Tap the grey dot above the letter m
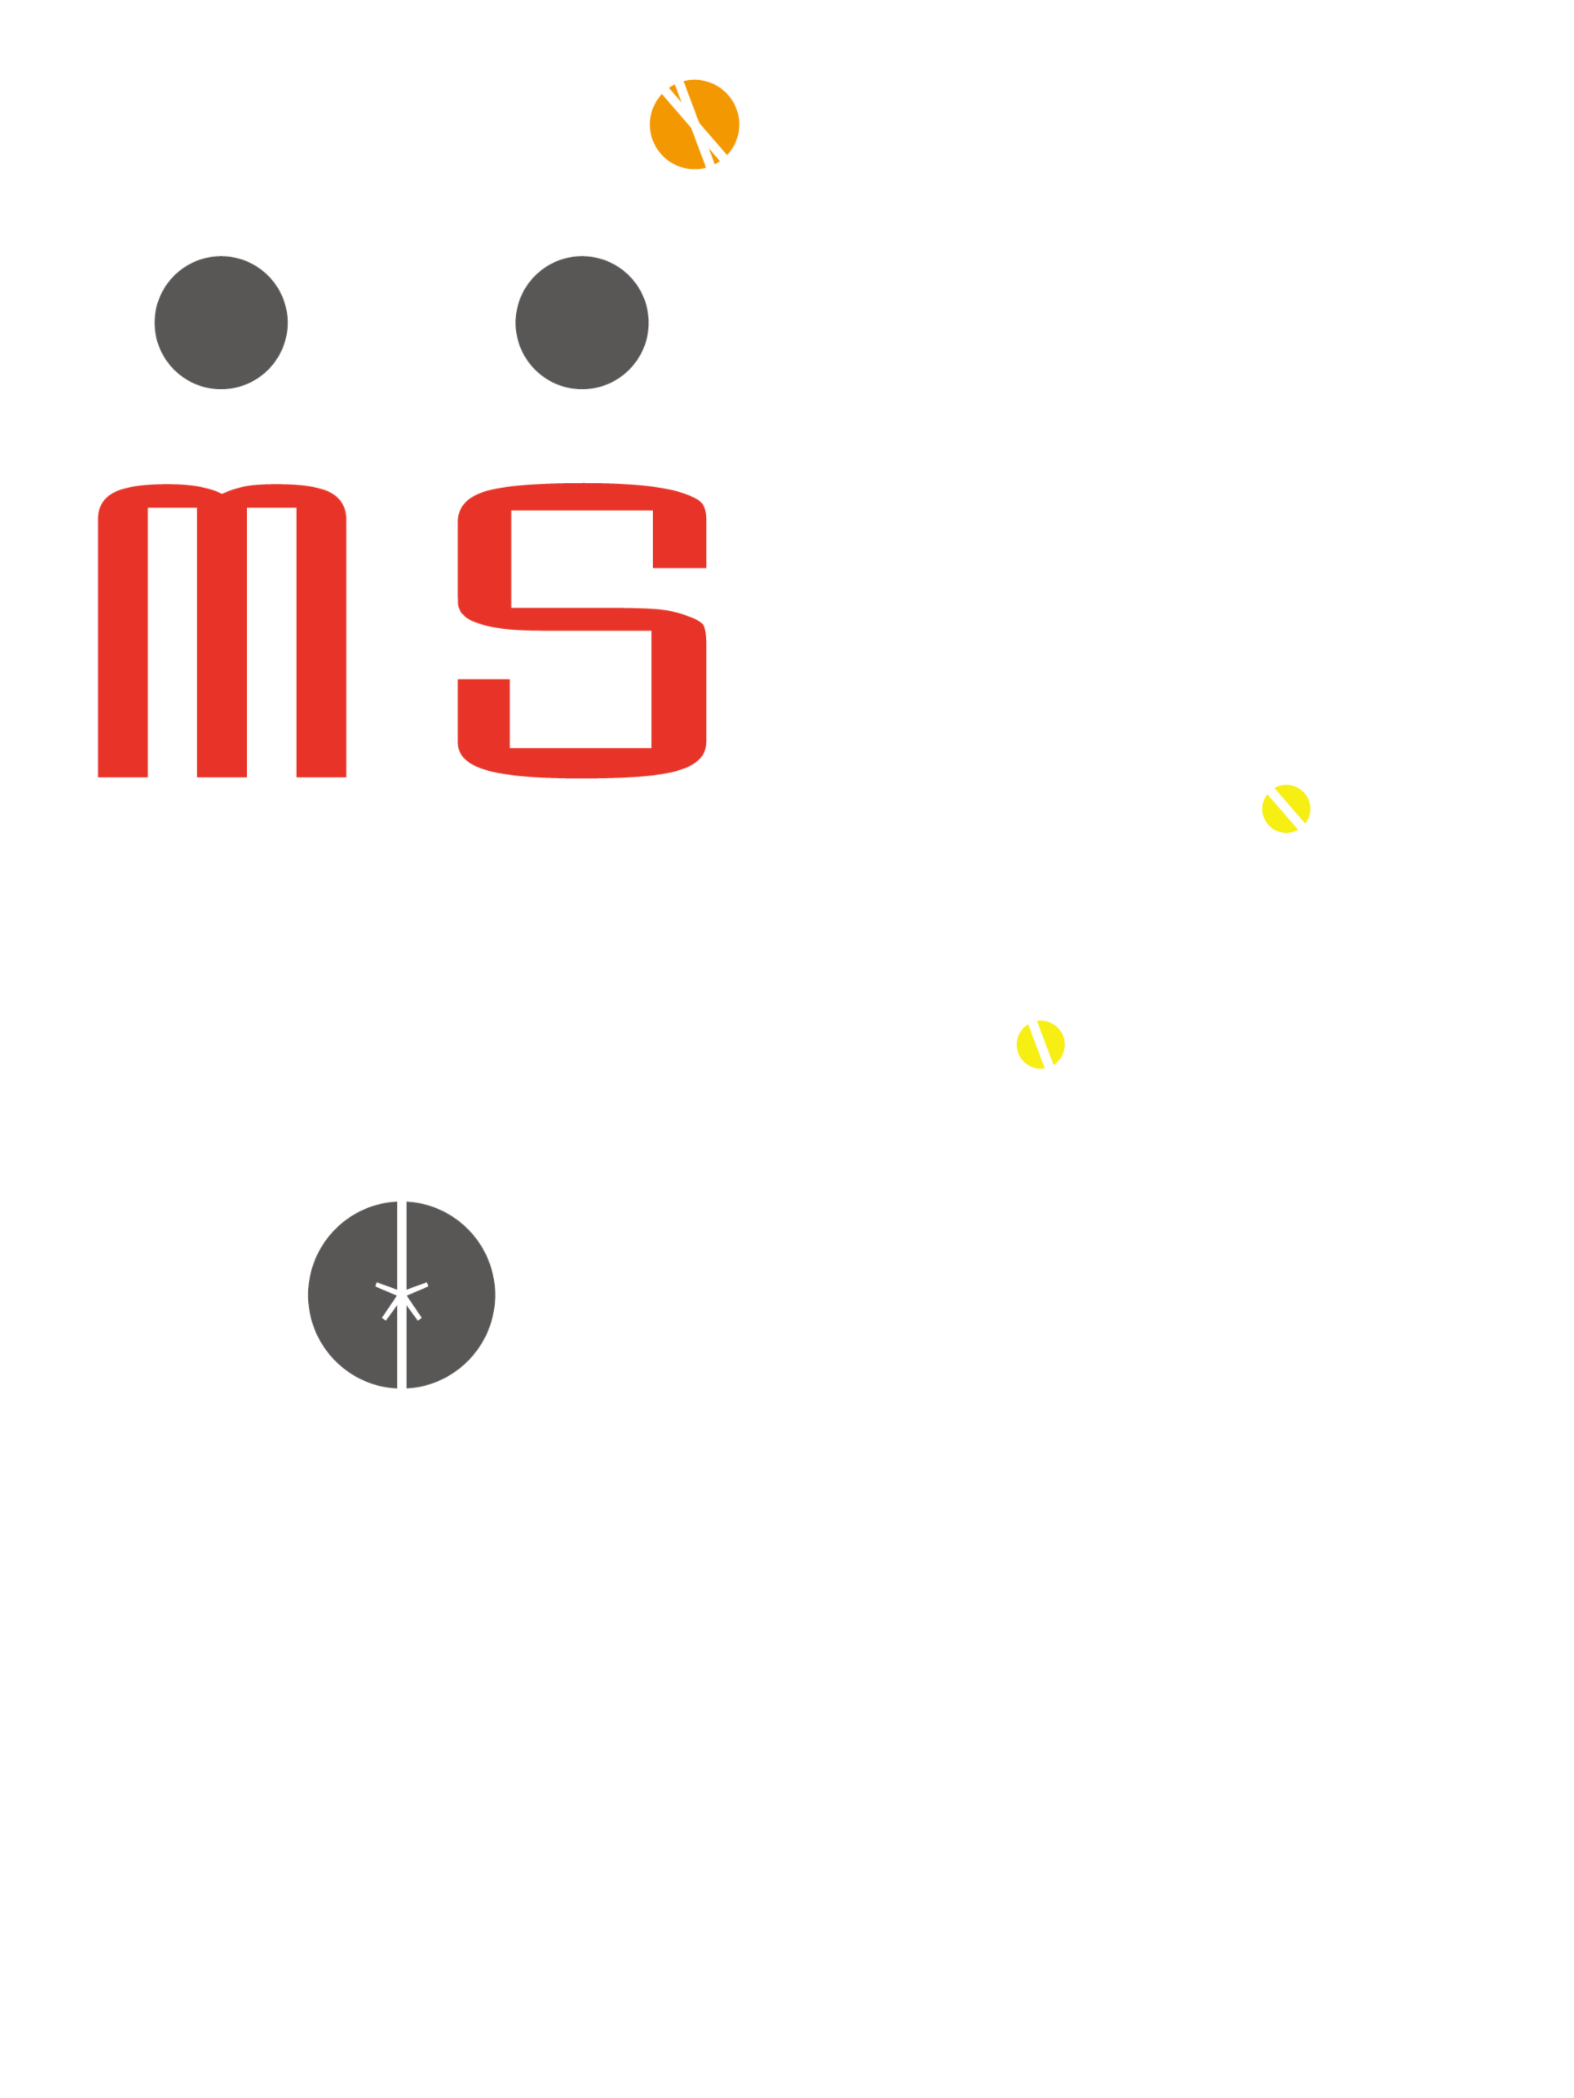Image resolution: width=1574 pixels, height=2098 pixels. [221, 322]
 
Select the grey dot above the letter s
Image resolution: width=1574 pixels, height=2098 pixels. [582, 322]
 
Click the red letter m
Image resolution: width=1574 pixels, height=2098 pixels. [222, 631]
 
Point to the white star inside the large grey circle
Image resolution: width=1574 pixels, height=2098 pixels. [401, 1299]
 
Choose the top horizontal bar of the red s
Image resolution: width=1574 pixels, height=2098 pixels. [582, 497]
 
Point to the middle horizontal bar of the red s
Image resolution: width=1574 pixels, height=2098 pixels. [582, 620]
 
